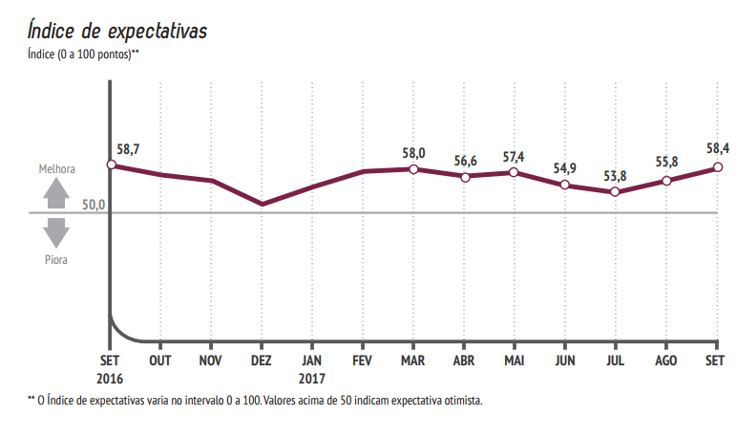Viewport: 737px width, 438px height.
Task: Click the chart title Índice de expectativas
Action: (117, 31)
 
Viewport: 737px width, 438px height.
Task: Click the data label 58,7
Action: (128, 149)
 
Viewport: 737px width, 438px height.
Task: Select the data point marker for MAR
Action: (413, 169)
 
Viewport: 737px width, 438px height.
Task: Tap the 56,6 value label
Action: (464, 161)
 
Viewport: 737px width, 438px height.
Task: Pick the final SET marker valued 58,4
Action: (717, 168)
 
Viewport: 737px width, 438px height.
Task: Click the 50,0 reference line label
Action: (93, 205)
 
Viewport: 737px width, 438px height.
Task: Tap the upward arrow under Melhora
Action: (56, 194)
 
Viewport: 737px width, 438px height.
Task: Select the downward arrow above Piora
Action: (56, 232)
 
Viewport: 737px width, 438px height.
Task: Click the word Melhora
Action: (56, 169)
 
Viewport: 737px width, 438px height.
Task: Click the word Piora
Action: (56, 258)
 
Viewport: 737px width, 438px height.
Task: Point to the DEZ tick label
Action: (262, 361)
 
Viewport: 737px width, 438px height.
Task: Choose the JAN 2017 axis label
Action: (312, 368)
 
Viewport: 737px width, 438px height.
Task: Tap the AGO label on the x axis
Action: (666, 361)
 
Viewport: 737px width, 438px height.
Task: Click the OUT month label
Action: (160, 361)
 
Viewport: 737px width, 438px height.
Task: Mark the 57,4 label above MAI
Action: (515, 157)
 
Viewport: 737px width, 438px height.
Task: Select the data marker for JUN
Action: (565, 185)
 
